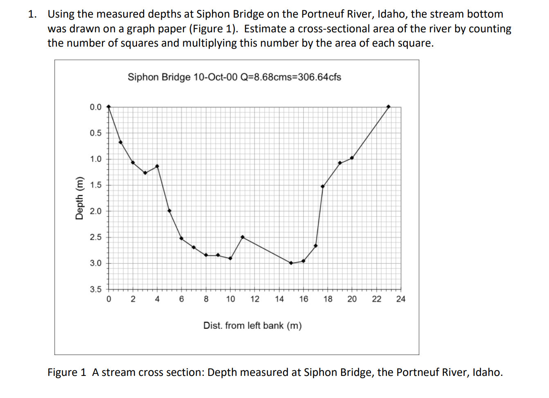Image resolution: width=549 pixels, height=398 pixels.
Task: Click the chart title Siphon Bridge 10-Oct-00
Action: click(x=234, y=77)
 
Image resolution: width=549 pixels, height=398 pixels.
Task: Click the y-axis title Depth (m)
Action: click(x=79, y=198)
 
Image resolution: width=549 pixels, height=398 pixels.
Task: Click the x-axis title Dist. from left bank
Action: click(x=252, y=326)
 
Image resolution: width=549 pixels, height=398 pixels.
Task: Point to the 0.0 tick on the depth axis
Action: click(x=96, y=107)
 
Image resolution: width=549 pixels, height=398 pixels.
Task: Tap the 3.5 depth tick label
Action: click(x=96, y=289)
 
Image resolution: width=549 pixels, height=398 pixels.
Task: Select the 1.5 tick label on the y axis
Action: click(x=96, y=185)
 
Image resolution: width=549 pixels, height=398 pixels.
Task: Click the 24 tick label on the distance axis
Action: click(x=400, y=299)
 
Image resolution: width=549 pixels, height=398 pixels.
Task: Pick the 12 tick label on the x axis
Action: click(x=254, y=299)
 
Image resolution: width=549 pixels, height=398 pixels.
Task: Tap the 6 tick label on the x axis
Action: click(x=182, y=299)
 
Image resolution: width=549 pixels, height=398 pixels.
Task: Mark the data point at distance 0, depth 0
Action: click(x=108, y=106)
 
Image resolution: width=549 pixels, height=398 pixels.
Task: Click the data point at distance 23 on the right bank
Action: click(x=388, y=107)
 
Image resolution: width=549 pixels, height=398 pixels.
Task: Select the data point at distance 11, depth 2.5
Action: click(x=243, y=237)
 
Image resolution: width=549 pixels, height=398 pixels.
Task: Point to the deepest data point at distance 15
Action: click(x=291, y=263)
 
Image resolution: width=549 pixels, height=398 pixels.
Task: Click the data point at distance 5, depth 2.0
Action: click(x=169, y=211)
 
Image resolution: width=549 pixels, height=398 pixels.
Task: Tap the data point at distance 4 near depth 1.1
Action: click(x=157, y=166)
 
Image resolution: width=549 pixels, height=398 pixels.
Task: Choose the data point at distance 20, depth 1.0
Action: click(x=352, y=158)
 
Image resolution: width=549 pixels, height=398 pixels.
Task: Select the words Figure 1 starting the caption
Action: click(x=67, y=372)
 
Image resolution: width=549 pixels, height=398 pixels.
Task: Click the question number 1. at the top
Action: click(x=32, y=14)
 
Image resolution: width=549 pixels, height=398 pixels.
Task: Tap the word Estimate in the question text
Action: click(x=265, y=29)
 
